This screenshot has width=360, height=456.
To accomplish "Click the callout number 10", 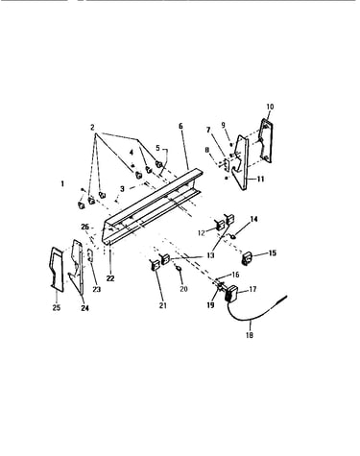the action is (270, 107).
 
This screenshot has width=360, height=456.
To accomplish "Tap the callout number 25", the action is (57, 307).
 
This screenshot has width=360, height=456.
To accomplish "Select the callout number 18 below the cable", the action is (250, 335).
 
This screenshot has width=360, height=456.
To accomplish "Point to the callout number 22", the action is (110, 278).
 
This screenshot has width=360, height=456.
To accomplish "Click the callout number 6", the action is (180, 126).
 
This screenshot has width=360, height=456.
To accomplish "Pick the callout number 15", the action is (273, 253).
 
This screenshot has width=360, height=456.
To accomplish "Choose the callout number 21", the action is (163, 305).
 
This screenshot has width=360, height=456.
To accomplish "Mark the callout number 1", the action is (62, 183).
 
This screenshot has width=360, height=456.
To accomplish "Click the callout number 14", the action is (253, 219).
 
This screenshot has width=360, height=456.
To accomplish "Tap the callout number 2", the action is (92, 128).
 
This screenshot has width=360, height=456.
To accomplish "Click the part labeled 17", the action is (230, 293).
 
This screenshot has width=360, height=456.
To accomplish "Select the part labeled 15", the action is (247, 258).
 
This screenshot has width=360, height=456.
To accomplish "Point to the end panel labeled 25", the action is (57, 269).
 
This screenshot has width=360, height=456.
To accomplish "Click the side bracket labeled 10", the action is (266, 140).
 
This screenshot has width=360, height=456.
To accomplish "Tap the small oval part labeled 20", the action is (180, 267).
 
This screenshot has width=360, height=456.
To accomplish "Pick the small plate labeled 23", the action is (90, 255).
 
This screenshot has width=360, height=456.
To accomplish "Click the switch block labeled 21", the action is (155, 265).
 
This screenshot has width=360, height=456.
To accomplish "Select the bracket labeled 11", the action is (242, 162).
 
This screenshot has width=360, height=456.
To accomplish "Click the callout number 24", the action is (84, 308).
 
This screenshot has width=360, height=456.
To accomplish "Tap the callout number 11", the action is (261, 179).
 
